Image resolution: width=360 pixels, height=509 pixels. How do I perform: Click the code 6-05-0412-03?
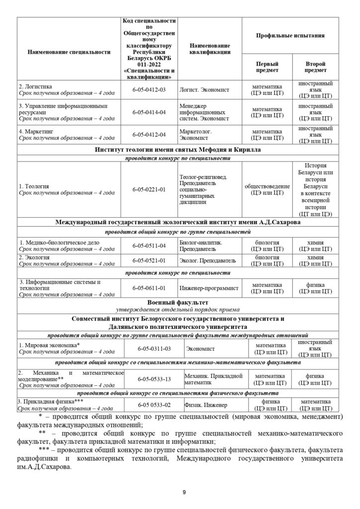click(149, 89)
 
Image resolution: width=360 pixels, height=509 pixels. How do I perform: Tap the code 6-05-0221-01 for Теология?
click(149, 189)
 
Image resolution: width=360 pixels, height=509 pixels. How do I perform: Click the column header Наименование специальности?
click(69, 52)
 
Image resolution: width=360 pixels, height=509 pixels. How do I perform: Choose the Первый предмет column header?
click(267, 67)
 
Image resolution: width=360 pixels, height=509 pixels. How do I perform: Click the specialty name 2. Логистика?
click(36, 86)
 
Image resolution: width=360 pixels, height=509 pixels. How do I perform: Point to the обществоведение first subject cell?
click(267, 186)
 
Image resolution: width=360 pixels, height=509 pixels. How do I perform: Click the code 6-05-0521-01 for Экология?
click(149, 260)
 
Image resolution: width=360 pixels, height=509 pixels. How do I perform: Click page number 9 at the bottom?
click(184, 492)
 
